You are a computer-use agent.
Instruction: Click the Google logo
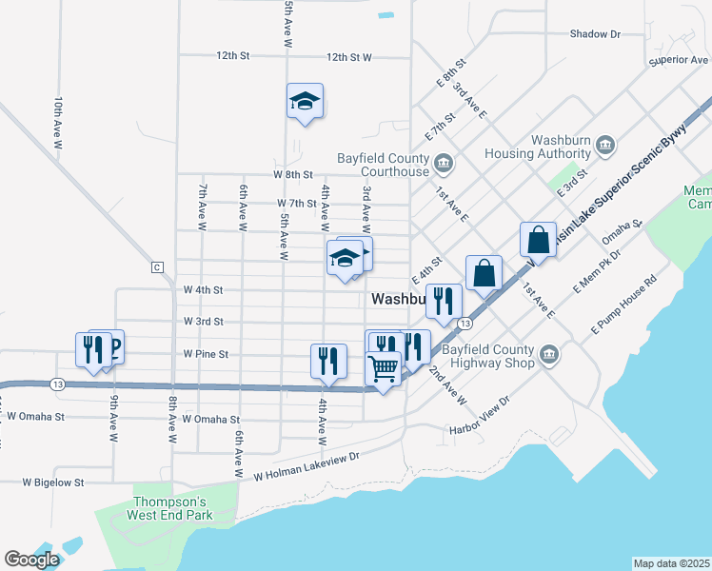coord(31,560)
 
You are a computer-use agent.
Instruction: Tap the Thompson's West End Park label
coord(168,508)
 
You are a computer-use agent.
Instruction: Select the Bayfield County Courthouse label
coord(384,165)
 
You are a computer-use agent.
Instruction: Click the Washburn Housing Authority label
coord(538,146)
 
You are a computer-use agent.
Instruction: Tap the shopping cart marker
coord(383,368)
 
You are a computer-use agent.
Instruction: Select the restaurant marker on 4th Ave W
coord(328,362)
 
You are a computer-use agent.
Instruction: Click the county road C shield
coord(158,267)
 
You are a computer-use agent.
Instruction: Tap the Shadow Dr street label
coord(595,34)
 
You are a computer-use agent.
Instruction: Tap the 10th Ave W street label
coord(58,124)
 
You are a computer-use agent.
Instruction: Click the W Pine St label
coord(207,354)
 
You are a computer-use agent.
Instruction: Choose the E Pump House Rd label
coord(623,304)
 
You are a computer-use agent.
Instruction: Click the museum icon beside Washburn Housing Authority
coord(606,146)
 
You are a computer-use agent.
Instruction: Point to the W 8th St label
coord(293,175)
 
